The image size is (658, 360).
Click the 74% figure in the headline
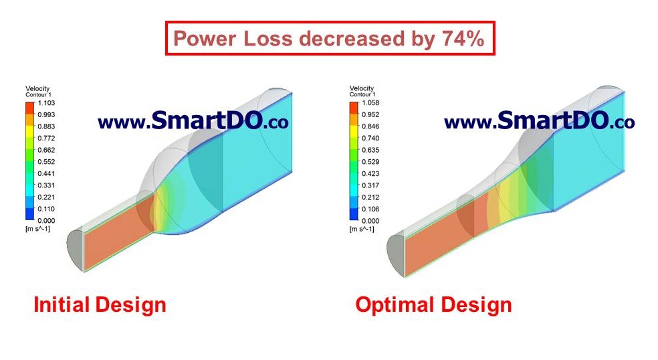(x=463, y=38)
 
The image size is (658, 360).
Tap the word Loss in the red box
(x=267, y=38)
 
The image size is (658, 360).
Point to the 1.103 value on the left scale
(x=47, y=103)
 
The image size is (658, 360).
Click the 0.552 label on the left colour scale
(x=47, y=162)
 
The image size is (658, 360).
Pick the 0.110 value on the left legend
(x=47, y=209)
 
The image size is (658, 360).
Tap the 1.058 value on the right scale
(x=370, y=103)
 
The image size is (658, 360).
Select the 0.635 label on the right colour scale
(x=370, y=150)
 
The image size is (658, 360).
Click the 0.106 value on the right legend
(x=370, y=209)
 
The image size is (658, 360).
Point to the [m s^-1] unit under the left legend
(x=37, y=229)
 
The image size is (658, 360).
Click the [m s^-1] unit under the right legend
(x=362, y=229)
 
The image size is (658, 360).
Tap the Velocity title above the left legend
(x=37, y=88)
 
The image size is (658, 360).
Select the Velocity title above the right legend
(x=361, y=88)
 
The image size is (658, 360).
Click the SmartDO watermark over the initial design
(x=193, y=120)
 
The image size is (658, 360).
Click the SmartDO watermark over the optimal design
(x=539, y=120)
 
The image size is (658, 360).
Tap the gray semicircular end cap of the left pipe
(x=75, y=250)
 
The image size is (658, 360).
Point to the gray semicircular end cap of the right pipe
(x=396, y=256)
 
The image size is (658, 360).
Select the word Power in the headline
(x=205, y=38)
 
